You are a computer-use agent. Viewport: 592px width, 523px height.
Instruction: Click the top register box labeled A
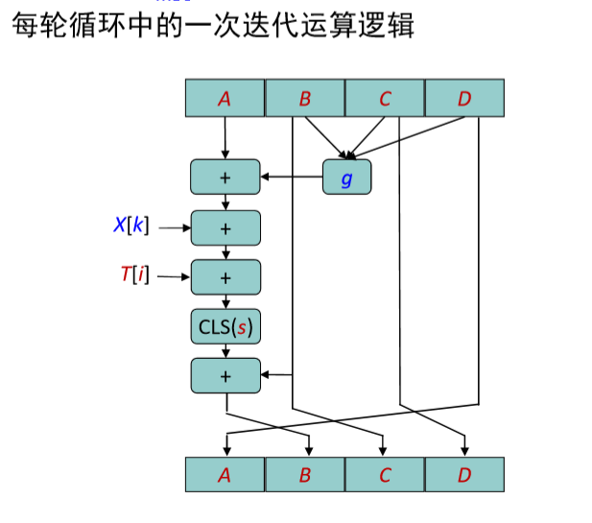225,98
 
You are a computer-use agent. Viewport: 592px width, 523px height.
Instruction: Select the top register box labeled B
304,98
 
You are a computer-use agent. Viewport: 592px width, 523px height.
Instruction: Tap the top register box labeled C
385,98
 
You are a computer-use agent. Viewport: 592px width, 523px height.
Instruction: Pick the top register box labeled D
464,98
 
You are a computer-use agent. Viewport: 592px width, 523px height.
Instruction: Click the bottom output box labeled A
225,475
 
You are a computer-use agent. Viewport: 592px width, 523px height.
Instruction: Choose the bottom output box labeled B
304,475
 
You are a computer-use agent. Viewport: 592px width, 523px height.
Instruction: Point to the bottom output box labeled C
385,475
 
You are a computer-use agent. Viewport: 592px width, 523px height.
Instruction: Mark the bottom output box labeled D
464,475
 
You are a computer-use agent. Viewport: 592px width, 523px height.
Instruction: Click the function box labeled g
346,177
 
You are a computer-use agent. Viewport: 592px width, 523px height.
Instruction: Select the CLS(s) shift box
225,327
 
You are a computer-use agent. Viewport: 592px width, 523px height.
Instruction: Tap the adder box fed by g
225,177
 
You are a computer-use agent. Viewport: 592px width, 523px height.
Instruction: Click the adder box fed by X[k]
225,227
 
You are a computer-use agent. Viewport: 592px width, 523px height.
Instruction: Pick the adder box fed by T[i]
225,277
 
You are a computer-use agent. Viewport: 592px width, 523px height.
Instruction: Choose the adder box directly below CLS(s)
225,375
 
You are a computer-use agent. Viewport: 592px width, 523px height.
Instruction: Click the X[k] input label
130,226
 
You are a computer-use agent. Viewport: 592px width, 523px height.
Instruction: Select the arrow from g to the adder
292,177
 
